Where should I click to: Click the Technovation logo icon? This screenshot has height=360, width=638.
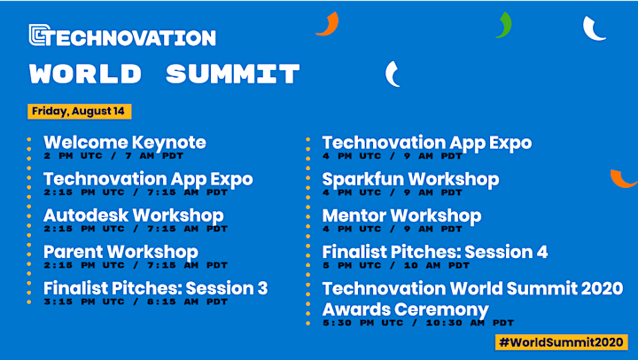click(40, 35)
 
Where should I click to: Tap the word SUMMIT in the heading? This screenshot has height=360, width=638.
click(233, 74)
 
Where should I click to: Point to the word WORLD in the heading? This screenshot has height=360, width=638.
click(85, 74)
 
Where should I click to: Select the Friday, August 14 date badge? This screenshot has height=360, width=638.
click(80, 111)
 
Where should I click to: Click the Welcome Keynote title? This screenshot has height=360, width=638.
click(125, 143)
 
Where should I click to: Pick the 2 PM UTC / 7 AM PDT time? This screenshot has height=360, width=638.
click(113, 155)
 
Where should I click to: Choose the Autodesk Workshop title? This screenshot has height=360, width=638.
click(134, 215)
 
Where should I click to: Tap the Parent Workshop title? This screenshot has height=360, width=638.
click(121, 252)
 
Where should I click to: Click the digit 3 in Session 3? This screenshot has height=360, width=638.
click(262, 288)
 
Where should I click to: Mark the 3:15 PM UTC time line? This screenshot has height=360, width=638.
click(136, 301)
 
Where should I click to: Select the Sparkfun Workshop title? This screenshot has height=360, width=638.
click(410, 179)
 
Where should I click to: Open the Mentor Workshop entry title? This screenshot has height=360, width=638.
click(401, 215)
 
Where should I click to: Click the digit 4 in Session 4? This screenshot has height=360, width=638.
click(542, 252)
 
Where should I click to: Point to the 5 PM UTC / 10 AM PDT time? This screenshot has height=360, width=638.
click(396, 265)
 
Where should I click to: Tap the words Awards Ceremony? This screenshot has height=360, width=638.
click(405, 310)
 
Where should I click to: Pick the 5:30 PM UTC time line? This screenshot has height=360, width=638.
click(418, 323)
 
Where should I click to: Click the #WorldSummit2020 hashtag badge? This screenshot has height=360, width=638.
click(562, 342)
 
